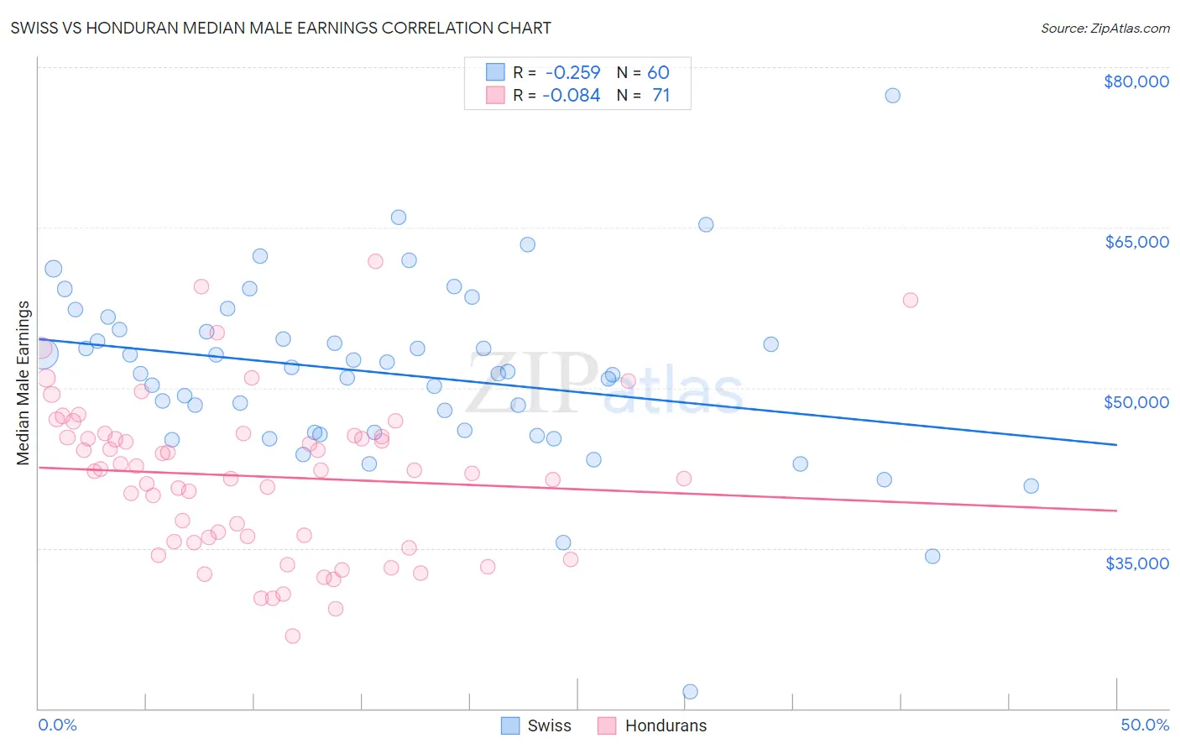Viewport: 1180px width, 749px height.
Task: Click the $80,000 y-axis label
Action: [x=1136, y=81]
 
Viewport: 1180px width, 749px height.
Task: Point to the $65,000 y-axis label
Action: [x=1136, y=242]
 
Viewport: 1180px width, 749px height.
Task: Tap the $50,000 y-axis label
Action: [x=1136, y=402]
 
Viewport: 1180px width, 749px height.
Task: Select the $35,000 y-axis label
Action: [x=1136, y=563]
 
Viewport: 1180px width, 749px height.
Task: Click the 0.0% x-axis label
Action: [x=57, y=725]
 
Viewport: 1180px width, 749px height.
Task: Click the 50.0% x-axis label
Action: [x=1144, y=725]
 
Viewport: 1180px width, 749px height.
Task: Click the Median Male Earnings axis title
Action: [x=23, y=383]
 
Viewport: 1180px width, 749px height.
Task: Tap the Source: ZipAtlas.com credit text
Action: [x=1104, y=28]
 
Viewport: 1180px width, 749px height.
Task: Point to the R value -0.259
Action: [x=572, y=72]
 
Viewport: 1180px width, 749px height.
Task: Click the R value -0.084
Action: [x=572, y=96]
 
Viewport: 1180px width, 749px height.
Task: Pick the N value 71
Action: [x=661, y=96]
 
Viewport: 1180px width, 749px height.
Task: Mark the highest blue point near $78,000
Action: [x=892, y=96]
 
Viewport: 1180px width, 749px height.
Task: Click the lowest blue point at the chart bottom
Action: [x=690, y=692]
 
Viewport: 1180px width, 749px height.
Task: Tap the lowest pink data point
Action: [x=292, y=636]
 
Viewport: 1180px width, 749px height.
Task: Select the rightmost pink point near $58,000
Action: [x=910, y=301]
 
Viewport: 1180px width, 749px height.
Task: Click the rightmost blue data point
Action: [x=1031, y=486]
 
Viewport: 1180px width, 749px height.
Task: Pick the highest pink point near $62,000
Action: [x=375, y=261]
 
